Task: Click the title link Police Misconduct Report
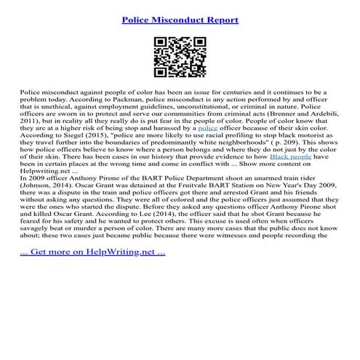click(180, 15)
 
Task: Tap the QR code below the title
click(180, 56)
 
